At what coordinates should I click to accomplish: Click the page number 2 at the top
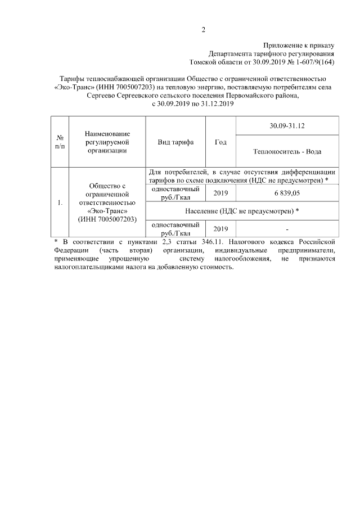(x=203, y=30)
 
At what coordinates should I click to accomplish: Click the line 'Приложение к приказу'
(x=299, y=46)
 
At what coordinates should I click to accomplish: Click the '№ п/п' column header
(x=60, y=142)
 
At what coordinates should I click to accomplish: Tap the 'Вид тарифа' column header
(x=175, y=142)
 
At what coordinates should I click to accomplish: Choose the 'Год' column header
(x=221, y=142)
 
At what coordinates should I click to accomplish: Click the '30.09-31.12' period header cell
(x=287, y=126)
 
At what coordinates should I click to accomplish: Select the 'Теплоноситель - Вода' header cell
(x=287, y=151)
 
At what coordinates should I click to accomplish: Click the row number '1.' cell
(x=60, y=202)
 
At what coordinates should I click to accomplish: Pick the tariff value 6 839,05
(x=287, y=193)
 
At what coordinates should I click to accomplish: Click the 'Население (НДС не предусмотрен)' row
(x=242, y=211)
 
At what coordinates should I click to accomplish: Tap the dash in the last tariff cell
(x=287, y=229)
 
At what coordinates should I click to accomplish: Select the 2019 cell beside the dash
(x=221, y=229)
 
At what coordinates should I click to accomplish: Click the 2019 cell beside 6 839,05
(x=221, y=193)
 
